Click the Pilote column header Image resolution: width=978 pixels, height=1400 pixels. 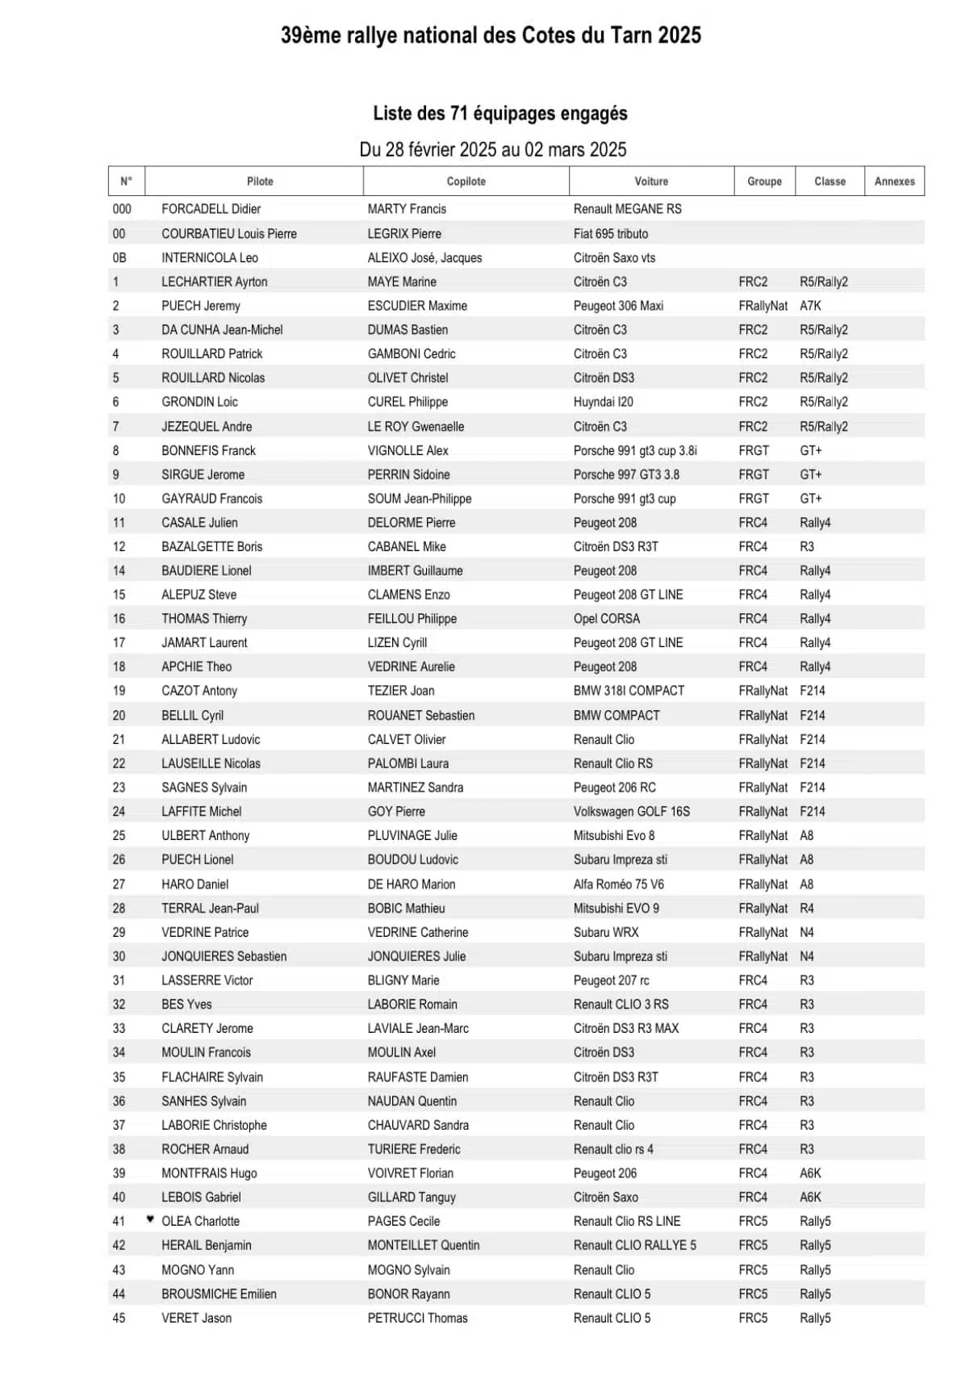(x=260, y=182)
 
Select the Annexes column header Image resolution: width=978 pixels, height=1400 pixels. (x=894, y=182)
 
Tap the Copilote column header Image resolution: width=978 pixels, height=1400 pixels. (x=466, y=182)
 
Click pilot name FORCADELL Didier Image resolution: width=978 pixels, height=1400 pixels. (x=211, y=209)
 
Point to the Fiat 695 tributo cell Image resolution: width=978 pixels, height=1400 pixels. (x=610, y=234)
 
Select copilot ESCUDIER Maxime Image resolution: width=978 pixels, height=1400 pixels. (x=417, y=306)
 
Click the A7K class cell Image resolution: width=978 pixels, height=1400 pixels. (x=810, y=306)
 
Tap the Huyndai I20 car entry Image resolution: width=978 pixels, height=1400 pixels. (x=603, y=402)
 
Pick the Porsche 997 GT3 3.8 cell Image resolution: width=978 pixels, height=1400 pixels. (x=626, y=474)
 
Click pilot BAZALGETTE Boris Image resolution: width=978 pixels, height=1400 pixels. (x=211, y=546)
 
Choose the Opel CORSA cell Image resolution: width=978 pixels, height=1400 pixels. (x=606, y=619)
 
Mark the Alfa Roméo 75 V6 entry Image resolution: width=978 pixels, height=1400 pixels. (x=618, y=884)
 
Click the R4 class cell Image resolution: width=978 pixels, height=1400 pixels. (x=806, y=909)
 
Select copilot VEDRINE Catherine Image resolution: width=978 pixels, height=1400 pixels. (x=417, y=933)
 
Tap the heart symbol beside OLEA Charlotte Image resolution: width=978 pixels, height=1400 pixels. (x=150, y=1219)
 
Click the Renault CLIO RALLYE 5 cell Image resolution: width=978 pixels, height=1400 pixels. (x=634, y=1246)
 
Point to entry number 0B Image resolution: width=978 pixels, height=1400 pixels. (x=119, y=258)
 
